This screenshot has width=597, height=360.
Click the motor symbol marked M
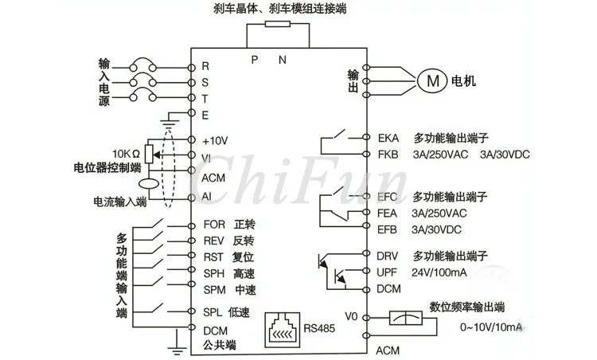(x=432, y=80)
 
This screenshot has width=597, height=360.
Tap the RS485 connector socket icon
(x=282, y=330)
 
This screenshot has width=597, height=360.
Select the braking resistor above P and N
(x=278, y=25)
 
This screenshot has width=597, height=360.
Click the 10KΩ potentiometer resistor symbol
(x=149, y=154)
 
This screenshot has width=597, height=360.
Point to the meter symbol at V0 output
(x=406, y=318)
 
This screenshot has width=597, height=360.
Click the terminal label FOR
(x=214, y=225)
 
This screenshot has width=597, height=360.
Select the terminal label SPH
(x=213, y=273)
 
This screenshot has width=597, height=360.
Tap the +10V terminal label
(x=215, y=141)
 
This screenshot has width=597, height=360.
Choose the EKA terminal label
(x=388, y=138)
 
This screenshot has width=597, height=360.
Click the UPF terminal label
(x=387, y=272)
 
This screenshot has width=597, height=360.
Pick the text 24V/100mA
(x=439, y=272)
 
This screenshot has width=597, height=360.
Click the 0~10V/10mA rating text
(x=491, y=327)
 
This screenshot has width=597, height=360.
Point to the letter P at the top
(x=255, y=60)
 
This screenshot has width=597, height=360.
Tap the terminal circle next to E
(x=192, y=113)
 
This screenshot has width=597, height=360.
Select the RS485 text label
(x=319, y=328)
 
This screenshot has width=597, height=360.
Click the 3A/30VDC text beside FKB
(x=505, y=155)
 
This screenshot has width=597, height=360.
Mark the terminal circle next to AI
(x=192, y=198)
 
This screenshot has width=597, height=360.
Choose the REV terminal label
(x=213, y=241)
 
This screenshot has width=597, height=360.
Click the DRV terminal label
(x=387, y=256)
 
